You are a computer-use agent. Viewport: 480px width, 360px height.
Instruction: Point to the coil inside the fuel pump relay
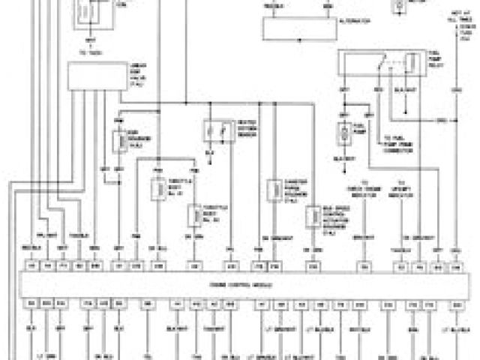click(x=411, y=64)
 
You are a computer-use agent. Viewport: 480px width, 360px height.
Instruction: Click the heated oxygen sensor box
click(x=218, y=132)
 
